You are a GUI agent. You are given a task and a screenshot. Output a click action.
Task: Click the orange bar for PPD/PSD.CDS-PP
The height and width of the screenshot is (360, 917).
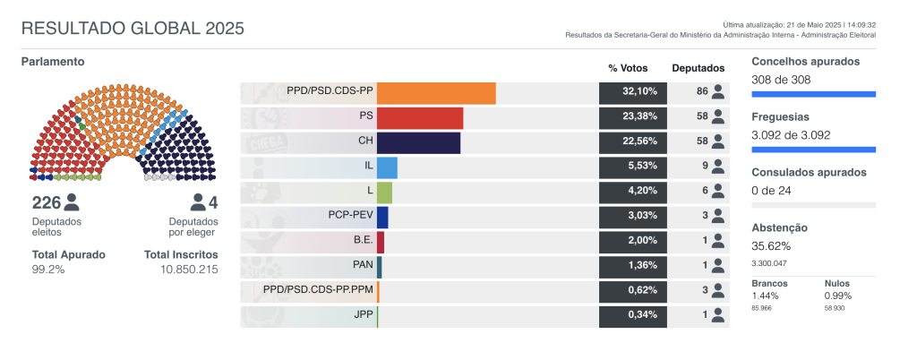point(436,93)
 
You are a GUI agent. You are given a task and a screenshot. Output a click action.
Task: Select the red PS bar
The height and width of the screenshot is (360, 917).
point(420,118)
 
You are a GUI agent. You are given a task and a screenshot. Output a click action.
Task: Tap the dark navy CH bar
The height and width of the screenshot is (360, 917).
point(418,143)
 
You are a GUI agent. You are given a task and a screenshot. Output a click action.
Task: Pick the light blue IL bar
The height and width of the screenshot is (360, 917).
point(387,167)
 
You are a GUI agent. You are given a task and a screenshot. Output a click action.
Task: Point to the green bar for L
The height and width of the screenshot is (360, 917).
point(384,193)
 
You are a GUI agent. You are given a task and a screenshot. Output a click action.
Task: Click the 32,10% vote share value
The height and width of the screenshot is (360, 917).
point(632,92)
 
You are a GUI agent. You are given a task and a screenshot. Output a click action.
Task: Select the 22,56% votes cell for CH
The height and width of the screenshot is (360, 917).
point(632,142)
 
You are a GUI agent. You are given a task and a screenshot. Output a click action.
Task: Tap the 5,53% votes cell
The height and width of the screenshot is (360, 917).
point(632,167)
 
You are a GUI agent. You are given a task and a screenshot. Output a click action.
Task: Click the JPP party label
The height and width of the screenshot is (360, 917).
point(361,315)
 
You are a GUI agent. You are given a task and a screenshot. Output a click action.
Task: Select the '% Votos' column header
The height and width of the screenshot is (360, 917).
point(627,68)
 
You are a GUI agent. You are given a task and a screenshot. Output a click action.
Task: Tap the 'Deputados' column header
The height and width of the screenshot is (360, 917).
point(698,68)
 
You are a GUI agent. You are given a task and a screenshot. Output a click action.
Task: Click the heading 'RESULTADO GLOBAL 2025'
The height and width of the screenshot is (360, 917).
point(133,28)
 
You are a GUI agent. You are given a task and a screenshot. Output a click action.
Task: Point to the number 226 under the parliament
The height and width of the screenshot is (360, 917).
point(46,202)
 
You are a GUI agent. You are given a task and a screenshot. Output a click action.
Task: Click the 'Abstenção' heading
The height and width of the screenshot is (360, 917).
point(779,228)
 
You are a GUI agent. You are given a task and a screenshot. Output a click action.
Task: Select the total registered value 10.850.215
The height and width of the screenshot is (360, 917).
point(189,270)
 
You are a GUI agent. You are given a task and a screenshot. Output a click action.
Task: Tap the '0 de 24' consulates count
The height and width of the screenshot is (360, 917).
point(771,190)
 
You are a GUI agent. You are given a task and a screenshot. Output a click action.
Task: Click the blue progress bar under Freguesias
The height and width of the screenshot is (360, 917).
point(813,150)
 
